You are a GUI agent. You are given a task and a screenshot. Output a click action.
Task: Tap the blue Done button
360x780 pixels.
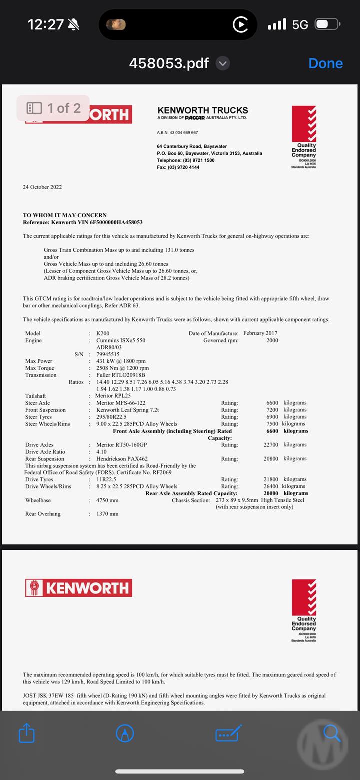click(x=325, y=63)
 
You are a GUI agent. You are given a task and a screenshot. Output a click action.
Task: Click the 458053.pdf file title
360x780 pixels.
click(x=169, y=63)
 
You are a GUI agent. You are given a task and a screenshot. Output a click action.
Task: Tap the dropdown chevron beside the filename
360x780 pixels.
click(x=223, y=63)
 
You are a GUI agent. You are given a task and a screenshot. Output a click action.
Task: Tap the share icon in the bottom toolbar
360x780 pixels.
click(x=27, y=733)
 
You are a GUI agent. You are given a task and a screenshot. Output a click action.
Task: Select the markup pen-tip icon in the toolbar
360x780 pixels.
click(x=125, y=733)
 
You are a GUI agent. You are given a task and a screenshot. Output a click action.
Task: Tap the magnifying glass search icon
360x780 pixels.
click(x=331, y=733)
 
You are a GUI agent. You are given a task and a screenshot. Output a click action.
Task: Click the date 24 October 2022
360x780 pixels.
click(x=42, y=187)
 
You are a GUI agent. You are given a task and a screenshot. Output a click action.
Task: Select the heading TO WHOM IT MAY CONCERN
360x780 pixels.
click(x=65, y=215)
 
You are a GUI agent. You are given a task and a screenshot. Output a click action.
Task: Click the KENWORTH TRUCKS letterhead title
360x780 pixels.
click(x=202, y=110)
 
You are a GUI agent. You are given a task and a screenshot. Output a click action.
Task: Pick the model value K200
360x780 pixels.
click(x=103, y=333)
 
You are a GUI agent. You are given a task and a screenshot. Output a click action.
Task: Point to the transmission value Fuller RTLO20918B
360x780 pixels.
click(x=120, y=375)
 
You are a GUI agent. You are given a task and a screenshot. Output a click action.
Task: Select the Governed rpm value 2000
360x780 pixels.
click(x=272, y=340)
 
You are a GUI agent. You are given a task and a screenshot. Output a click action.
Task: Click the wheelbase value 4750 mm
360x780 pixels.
click(x=107, y=500)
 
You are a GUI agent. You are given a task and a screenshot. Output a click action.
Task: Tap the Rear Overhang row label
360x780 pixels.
click(x=43, y=514)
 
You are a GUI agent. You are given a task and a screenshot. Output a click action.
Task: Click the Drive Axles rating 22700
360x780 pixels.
click(x=271, y=445)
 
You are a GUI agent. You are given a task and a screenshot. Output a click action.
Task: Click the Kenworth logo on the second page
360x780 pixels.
click(x=79, y=588)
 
